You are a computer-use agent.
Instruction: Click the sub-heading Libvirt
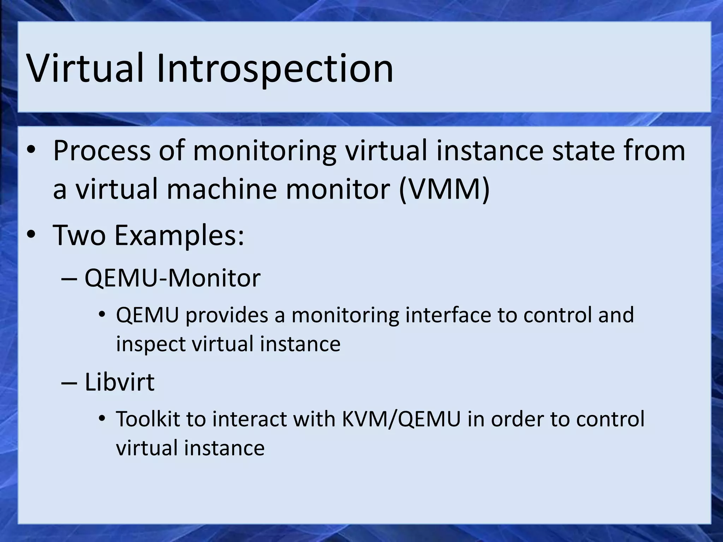pyautogui.click(x=119, y=382)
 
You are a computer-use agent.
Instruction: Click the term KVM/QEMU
pyautogui.click(x=401, y=419)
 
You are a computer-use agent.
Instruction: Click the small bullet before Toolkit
pyautogui.click(x=102, y=419)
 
